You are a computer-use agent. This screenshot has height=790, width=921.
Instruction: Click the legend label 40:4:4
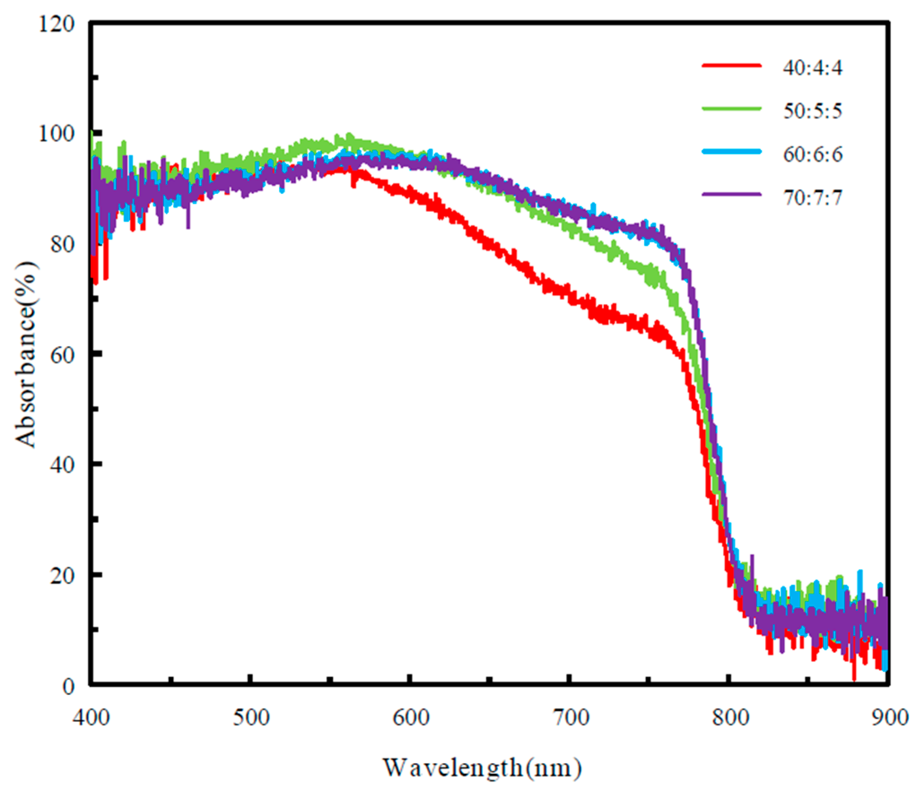[812, 68]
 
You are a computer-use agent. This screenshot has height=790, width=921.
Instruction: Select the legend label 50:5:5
[812, 111]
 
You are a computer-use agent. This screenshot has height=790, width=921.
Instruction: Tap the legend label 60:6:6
[812, 155]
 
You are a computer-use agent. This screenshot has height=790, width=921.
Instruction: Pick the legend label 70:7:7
[812, 198]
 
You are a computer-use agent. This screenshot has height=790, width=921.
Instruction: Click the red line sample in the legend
[731, 65]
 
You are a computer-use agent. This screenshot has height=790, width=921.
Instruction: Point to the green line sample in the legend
[731, 108]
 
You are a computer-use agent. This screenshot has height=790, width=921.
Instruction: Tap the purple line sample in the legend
[731, 194]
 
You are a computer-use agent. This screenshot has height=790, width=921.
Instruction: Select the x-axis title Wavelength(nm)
[482, 768]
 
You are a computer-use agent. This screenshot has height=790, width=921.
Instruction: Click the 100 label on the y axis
[56, 134]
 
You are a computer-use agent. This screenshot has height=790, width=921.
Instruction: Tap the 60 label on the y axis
[62, 355]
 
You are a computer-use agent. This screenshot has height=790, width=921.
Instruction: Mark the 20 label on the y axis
[62, 576]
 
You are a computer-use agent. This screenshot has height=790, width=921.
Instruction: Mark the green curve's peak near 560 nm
[349, 137]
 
